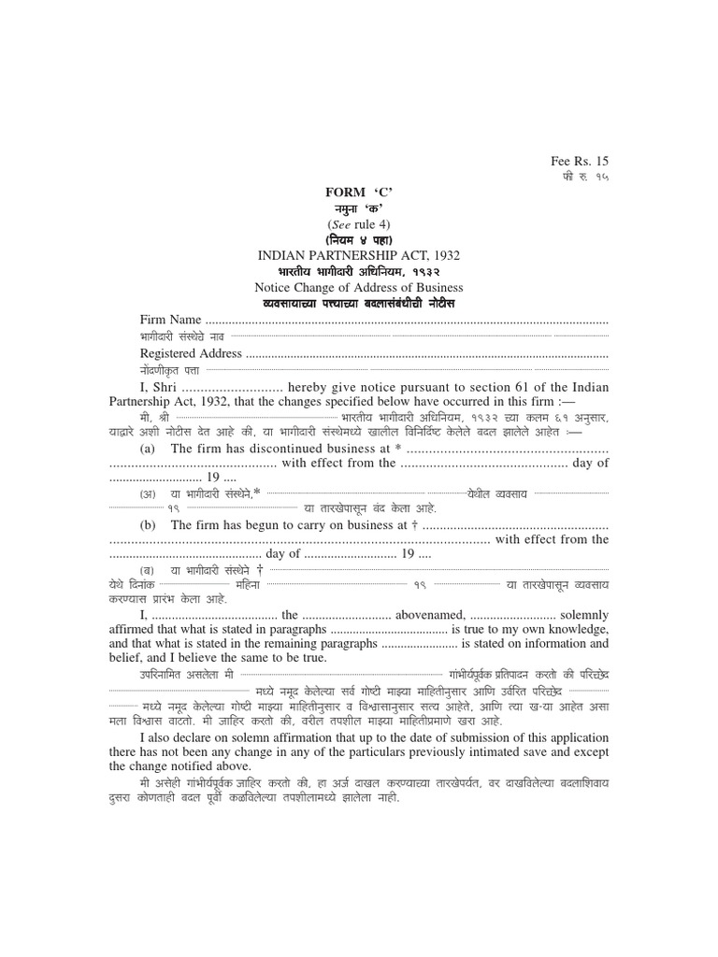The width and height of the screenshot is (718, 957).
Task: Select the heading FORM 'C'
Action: pos(359,192)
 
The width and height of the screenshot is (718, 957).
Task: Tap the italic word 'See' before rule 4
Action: pos(340,223)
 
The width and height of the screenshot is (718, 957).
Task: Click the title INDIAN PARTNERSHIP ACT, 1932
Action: pos(359,255)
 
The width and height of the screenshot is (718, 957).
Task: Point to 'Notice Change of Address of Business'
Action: pos(359,287)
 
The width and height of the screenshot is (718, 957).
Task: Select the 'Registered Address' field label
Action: pos(191,353)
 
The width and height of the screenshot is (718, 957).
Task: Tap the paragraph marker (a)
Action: pos(148,449)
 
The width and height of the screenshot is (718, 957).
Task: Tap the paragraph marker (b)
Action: pos(148,526)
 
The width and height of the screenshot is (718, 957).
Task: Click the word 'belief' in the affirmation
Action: pos(127,658)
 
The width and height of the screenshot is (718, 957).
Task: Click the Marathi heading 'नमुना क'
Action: pos(359,207)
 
